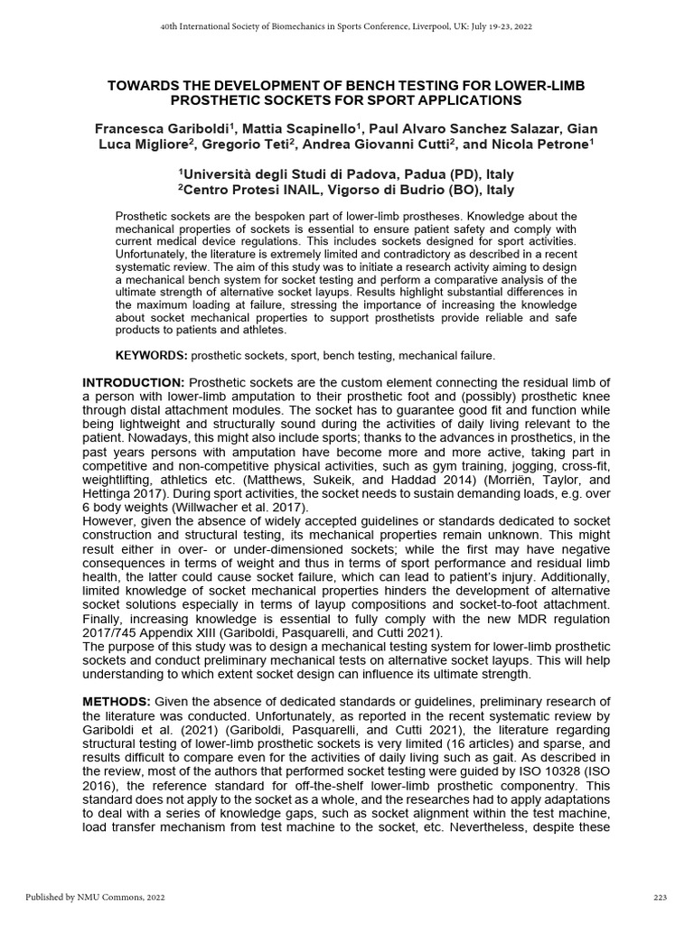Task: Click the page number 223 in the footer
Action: [x=660, y=897]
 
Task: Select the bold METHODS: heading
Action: [x=117, y=702]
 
